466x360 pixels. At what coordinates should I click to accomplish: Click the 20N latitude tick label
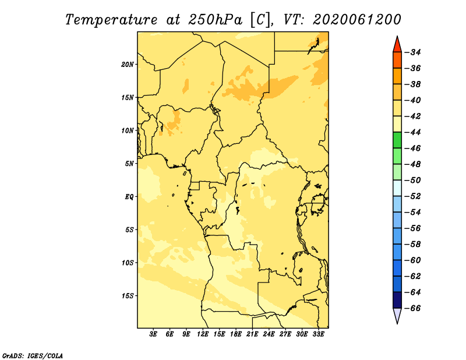click(128, 65)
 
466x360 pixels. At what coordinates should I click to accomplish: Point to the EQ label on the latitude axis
click(129, 197)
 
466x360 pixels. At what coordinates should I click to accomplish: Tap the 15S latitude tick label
click(128, 296)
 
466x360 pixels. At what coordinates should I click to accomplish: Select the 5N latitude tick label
click(129, 164)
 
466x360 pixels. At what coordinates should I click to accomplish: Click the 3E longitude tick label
click(153, 334)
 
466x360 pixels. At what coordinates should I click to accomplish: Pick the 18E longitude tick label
click(236, 334)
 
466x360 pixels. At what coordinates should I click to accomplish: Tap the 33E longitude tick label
click(318, 334)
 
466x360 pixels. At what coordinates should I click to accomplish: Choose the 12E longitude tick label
click(203, 334)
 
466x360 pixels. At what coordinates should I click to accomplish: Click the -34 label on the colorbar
click(412, 52)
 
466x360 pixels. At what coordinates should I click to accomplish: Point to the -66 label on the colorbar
click(412, 308)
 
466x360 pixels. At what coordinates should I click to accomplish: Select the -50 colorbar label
click(412, 181)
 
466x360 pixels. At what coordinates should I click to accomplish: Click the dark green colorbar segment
click(397, 140)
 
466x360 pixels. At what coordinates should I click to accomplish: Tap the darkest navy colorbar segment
click(397, 300)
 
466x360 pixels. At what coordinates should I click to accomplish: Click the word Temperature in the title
click(111, 20)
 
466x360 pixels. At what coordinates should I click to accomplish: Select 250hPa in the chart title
click(215, 20)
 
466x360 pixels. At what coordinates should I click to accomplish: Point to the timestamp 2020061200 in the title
click(357, 20)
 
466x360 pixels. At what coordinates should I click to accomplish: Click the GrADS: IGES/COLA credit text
click(33, 356)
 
